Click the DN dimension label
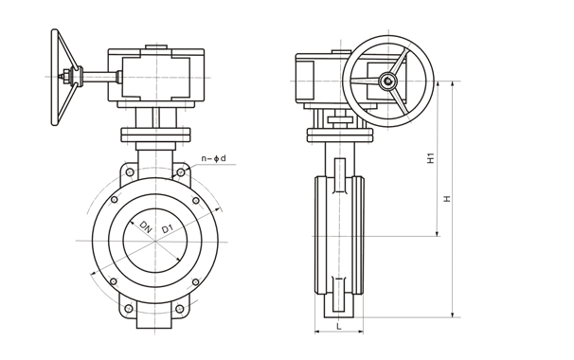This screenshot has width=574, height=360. [x=146, y=227]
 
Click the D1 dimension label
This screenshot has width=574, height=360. [x=168, y=228]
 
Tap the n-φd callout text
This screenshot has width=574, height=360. [x=214, y=158]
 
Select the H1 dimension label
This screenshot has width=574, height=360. [x=431, y=157]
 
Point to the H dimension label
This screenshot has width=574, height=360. [x=447, y=199]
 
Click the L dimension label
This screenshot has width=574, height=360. [x=339, y=325]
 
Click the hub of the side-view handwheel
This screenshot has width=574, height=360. [x=387, y=81]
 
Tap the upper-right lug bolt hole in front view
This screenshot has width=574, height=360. [x=181, y=172]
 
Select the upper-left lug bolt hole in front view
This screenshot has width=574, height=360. [x=129, y=172]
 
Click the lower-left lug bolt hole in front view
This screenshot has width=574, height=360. [x=128, y=309]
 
